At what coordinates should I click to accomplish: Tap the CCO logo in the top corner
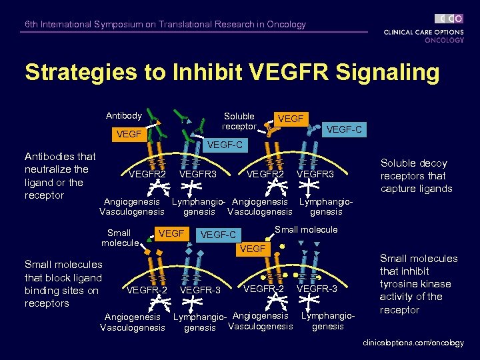449,19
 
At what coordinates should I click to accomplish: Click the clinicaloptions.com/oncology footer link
413,343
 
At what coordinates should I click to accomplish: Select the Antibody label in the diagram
123,116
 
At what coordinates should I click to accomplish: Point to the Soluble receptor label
239,121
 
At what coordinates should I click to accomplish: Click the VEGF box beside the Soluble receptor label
291,119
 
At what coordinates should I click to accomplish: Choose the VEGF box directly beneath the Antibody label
128,134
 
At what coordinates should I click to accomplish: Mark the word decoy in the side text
433,163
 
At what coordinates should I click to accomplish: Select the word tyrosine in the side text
398,284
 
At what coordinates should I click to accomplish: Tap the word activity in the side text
399,297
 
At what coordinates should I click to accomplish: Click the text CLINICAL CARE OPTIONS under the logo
423,31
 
